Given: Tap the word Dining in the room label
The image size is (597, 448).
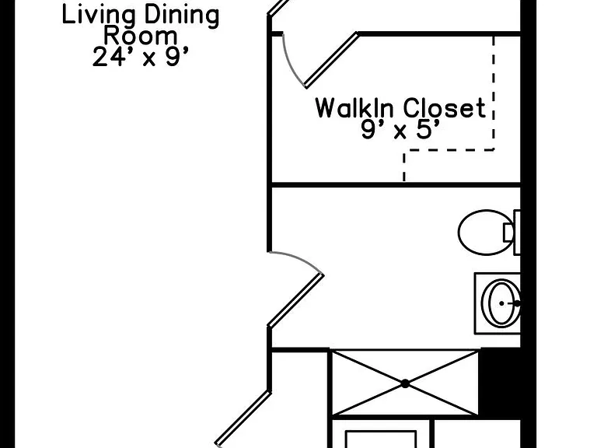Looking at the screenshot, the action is (x=182, y=16).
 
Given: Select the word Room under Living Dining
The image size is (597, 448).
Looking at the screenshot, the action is (x=141, y=36).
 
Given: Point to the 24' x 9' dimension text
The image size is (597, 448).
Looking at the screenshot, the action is (x=141, y=57).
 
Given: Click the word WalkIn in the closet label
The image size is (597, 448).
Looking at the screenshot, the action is (x=354, y=108).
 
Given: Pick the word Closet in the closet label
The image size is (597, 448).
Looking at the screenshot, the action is (x=445, y=108).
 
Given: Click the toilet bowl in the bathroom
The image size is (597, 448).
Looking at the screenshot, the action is (x=485, y=233).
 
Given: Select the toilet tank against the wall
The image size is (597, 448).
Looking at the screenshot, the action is (x=517, y=232).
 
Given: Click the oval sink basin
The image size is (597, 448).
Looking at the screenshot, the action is (x=501, y=303).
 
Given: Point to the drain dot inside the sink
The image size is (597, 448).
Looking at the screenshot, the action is (x=501, y=303).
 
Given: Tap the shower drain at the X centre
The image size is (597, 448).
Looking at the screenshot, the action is (x=405, y=383).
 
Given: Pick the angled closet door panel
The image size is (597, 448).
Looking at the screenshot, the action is (x=332, y=60).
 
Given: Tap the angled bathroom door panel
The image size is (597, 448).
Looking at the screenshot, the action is (x=296, y=300).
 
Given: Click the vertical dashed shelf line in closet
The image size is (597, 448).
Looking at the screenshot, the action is (x=494, y=93).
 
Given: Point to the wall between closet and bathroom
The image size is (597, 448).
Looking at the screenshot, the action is (x=395, y=185).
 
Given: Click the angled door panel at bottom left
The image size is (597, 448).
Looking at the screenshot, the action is (x=243, y=418).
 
